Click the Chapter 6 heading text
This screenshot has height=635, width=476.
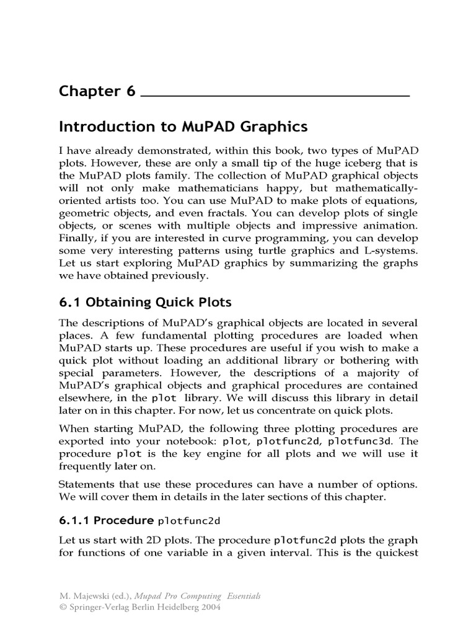(97, 91)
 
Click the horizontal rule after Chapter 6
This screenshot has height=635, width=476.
(276, 96)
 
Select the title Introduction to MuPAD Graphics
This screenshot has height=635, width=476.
(183, 127)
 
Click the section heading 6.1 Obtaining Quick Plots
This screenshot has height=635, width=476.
(145, 303)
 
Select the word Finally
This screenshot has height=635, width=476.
(76, 238)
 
